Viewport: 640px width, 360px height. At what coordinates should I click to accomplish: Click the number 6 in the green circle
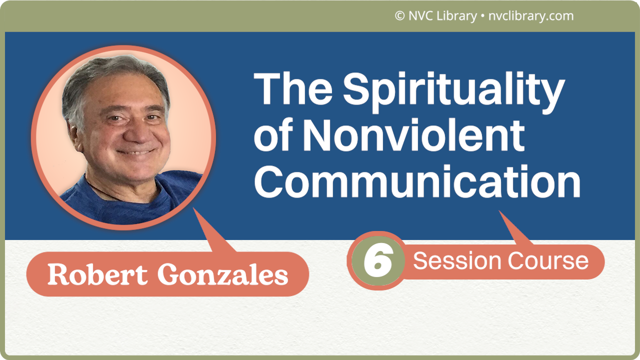[x=376, y=260]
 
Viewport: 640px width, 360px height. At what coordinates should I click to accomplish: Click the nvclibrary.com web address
[x=530, y=16]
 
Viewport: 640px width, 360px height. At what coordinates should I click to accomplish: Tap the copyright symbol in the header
[x=399, y=16]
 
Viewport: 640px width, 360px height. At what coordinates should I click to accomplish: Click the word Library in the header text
[x=455, y=16]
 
